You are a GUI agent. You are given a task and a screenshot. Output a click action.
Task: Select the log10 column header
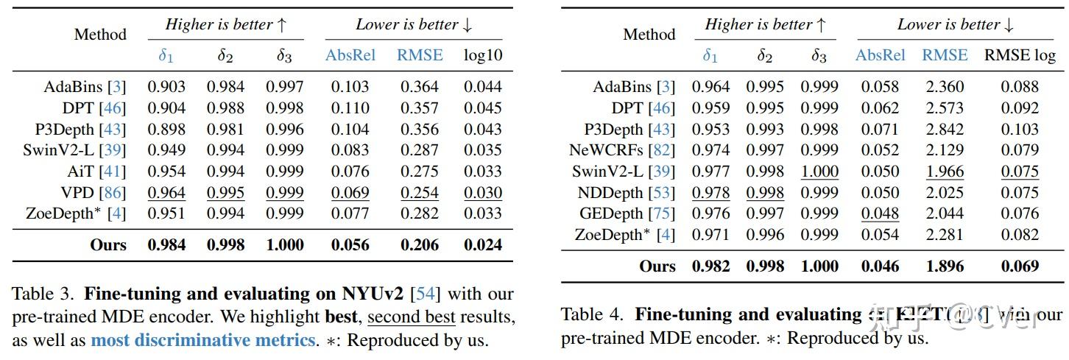pos(482,55)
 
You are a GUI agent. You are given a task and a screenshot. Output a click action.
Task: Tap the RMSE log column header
pos(1020,55)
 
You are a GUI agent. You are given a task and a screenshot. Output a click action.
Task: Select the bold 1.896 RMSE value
pos(945,266)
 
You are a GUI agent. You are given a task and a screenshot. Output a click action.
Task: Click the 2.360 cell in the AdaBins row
pos(945,87)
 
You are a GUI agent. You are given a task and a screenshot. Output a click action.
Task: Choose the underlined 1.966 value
pos(945,172)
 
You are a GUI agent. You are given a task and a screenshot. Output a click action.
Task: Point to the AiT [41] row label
pos(102,172)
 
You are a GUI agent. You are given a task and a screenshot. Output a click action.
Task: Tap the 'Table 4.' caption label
pos(593,316)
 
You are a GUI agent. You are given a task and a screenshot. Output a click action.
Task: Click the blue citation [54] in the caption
pos(425,294)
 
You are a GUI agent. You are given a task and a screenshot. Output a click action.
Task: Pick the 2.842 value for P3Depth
pos(945,130)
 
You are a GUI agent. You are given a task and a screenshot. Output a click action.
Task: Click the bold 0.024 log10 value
pos(482,245)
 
